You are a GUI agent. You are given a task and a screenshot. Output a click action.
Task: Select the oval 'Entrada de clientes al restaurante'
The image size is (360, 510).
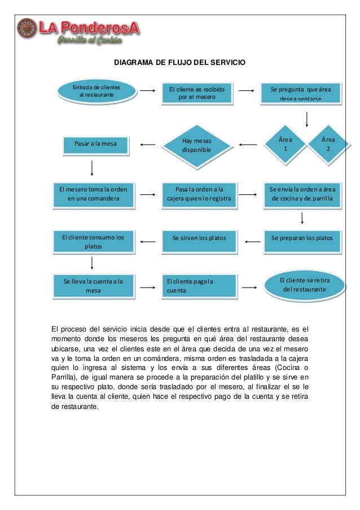click(x=96, y=91)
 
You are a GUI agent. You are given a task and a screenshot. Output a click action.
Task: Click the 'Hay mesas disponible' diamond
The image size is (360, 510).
click(x=196, y=146)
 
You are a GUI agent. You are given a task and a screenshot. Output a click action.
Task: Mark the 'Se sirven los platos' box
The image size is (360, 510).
click(x=199, y=239)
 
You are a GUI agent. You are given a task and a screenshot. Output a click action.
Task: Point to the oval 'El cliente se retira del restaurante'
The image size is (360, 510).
click(x=304, y=284)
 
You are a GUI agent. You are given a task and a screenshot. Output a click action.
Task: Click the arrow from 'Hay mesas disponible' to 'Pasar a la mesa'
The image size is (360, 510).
click(x=148, y=145)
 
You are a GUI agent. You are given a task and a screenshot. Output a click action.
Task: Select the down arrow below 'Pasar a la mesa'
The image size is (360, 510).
click(x=92, y=167)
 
